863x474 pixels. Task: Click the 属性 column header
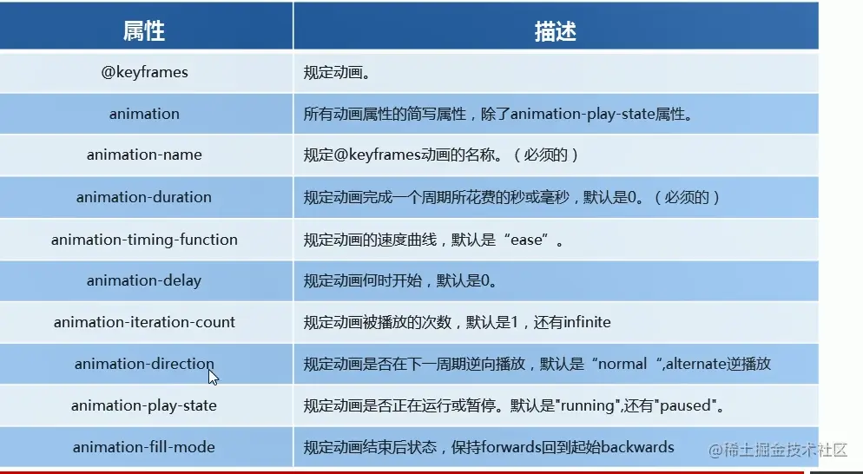click(143, 31)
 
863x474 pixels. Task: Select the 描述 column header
click(556, 31)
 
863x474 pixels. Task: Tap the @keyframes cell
click(144, 72)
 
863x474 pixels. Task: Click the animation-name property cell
click(144, 155)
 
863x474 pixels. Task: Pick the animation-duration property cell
click(143, 197)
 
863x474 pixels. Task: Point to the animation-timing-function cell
click(144, 240)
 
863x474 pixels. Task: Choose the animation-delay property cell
click(143, 280)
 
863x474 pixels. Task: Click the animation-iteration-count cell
click(144, 322)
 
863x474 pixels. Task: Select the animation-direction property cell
click(144, 364)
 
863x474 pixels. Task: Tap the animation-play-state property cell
click(143, 405)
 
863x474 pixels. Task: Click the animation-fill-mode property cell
click(143, 447)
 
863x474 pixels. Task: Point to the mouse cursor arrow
click(213, 377)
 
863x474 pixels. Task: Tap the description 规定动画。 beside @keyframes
click(337, 73)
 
